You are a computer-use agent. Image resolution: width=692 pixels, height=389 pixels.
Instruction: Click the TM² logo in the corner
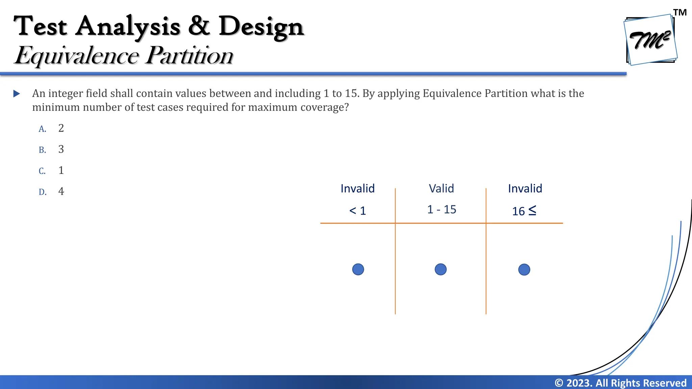coord(650,40)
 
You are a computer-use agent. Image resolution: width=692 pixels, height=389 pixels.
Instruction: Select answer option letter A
coord(42,129)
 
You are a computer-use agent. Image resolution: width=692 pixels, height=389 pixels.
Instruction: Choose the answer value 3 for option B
coord(61,149)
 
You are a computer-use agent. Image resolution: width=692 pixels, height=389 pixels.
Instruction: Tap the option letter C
coord(42,171)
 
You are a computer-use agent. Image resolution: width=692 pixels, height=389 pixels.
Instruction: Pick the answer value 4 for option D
coord(61,191)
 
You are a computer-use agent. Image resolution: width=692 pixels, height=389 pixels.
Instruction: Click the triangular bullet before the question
coord(17,94)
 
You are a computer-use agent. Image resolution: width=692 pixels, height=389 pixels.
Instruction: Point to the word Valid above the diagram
coord(441,188)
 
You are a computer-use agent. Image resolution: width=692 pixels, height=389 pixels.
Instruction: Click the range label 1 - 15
coord(442,209)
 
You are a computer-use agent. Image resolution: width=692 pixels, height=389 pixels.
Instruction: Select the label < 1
coord(357,211)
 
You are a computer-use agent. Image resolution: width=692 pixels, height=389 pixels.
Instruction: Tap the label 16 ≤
coord(524,211)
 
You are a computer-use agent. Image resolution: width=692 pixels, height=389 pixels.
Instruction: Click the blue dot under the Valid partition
coord(441,269)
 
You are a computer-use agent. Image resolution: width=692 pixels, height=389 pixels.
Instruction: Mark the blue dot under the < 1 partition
coord(358,269)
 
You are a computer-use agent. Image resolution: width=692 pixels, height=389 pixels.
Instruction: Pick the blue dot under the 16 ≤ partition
coord(524,269)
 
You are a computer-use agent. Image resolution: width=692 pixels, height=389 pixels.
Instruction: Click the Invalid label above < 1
coord(357,188)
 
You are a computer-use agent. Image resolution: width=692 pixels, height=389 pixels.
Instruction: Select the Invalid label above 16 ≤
coord(525,188)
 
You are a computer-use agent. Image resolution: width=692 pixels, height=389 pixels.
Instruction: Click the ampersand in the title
coord(199,26)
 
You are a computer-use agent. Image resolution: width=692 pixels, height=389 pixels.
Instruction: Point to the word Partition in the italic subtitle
coord(189,56)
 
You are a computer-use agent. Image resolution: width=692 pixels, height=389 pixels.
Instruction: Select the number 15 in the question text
coord(351,94)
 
